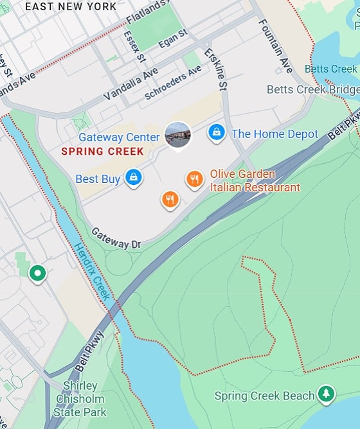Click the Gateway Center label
pyautogui.click(x=119, y=137)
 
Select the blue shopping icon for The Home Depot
pyautogui.click(x=217, y=133)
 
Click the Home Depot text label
pyautogui.click(x=274, y=134)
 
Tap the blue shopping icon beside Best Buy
pyautogui.click(x=133, y=177)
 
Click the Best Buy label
pyautogui.click(x=98, y=179)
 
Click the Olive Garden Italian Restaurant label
pyautogui.click(x=255, y=181)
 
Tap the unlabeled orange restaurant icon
pyautogui.click(x=169, y=200)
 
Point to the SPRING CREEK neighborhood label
pyautogui.click(x=102, y=152)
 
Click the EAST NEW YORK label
pyautogui.click(x=71, y=6)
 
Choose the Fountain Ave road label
pyautogui.click(x=275, y=45)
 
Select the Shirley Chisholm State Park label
pyautogui.click(x=80, y=399)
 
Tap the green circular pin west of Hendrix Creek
pyautogui.click(x=38, y=274)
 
